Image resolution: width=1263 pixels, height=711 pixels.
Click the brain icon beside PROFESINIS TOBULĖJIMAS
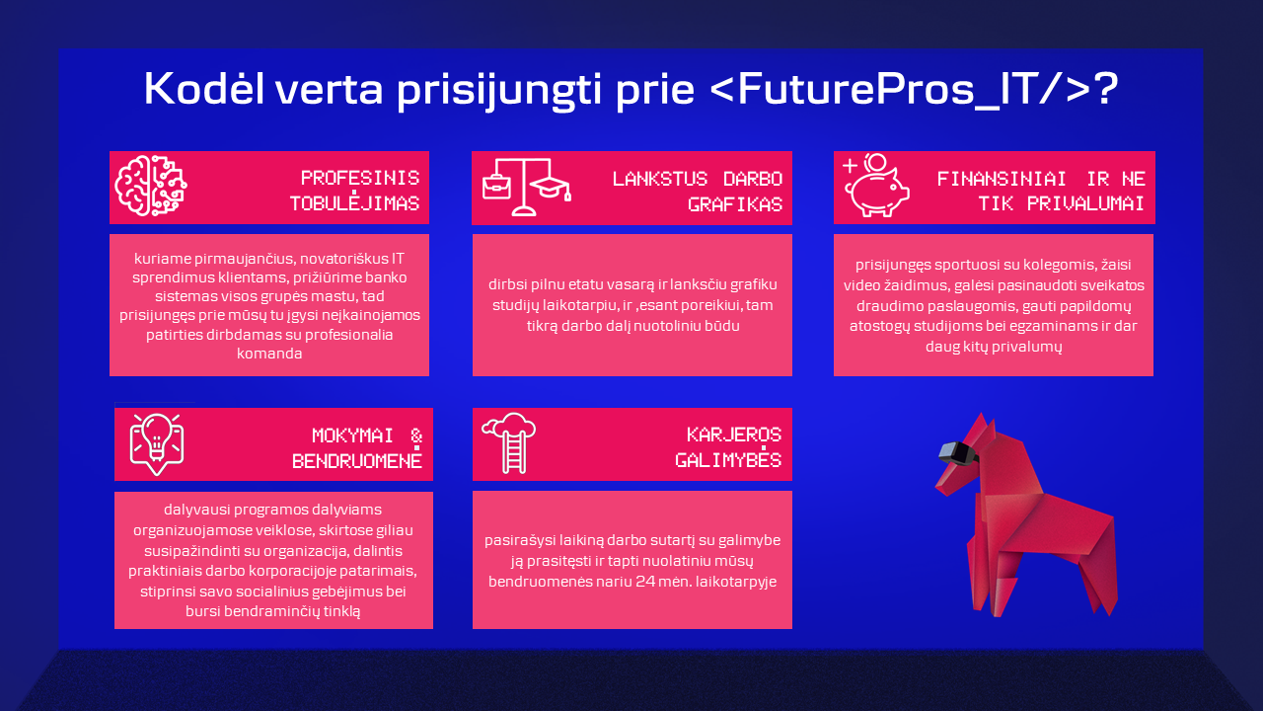click(x=151, y=186)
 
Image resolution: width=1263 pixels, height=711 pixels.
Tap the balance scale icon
click(x=525, y=188)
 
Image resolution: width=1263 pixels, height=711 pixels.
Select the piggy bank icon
click(x=876, y=186)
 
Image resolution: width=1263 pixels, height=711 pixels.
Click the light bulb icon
click(x=157, y=444)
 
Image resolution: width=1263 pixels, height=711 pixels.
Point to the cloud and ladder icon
click(x=509, y=443)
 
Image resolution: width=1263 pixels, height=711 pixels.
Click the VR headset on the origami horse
click(x=957, y=452)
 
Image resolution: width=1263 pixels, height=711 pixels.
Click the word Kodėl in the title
click(x=204, y=89)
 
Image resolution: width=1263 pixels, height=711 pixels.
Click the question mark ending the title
click(x=1107, y=89)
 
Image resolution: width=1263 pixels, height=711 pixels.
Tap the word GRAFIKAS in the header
click(x=735, y=204)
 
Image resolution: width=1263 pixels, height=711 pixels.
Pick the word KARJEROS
click(x=734, y=434)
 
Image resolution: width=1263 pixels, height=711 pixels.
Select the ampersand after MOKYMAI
click(x=416, y=435)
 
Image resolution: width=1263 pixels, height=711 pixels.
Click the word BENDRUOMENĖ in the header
click(x=357, y=459)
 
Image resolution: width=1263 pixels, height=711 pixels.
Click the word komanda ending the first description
click(x=269, y=354)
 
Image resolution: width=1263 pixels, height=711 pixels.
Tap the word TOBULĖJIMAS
click(x=354, y=202)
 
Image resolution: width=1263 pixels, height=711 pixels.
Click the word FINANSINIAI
click(x=1002, y=179)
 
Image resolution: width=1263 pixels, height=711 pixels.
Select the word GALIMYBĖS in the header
click(x=728, y=459)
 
